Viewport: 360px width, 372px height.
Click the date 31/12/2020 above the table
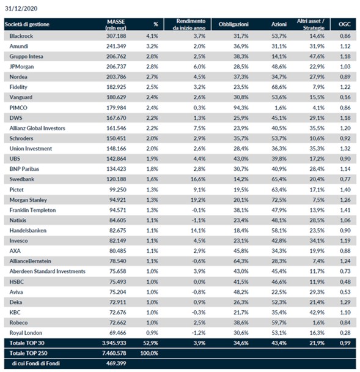point(21,9)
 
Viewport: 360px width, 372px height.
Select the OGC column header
point(344,24)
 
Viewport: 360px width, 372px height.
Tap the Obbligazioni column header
point(233,24)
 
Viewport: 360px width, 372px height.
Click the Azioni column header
point(279,24)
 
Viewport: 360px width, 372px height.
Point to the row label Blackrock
point(21,36)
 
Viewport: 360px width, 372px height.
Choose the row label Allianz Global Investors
point(37,128)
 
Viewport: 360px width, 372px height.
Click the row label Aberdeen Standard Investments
point(48,272)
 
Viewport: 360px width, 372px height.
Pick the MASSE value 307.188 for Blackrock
point(116,36)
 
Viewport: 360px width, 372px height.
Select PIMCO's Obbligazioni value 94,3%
point(241,108)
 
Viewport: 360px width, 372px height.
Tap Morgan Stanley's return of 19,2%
point(198,200)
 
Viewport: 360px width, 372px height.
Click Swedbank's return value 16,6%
point(198,179)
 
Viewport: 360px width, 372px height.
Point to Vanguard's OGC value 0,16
point(345,97)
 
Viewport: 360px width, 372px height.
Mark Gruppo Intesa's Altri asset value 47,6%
point(317,56)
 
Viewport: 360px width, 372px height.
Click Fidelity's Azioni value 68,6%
point(279,87)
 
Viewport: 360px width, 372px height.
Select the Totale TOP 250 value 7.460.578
point(114,353)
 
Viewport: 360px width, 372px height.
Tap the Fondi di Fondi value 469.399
point(116,363)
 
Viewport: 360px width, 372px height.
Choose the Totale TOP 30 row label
point(27,343)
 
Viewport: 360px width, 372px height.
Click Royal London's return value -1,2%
point(199,333)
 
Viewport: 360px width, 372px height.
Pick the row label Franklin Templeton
point(32,210)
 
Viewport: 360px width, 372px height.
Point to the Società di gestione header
point(27,24)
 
